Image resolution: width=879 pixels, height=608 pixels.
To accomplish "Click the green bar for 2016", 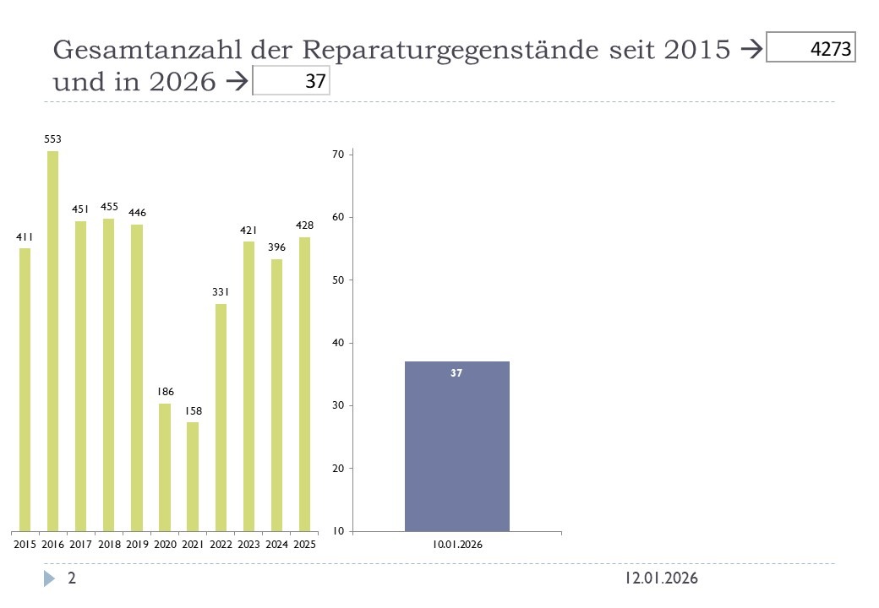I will pos(53,341).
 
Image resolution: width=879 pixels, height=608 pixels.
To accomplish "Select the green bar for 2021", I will pos(193,476).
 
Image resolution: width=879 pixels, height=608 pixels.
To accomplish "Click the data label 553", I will pos(53,138).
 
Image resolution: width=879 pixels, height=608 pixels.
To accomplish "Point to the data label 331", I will pos(221,292).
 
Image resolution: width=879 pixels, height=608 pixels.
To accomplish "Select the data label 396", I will pos(276,247).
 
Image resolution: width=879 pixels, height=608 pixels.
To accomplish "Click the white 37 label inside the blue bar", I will pos(456,372).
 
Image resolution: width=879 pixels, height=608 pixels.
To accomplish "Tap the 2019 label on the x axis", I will pos(137,545).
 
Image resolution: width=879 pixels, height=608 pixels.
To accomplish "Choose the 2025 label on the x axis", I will pos(304,545).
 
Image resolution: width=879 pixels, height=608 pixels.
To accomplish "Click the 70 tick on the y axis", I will pos(337,155).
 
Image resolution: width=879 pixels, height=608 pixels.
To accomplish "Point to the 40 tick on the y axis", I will pos(337,343).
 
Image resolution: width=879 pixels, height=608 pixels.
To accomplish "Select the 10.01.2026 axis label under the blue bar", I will pos(457,545).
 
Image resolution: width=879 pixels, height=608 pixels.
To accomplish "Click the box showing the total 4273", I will pos(811,47).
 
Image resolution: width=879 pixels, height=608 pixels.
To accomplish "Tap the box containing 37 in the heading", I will pos(292,82).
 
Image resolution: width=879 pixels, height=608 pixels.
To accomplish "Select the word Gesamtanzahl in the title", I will pos(149,51).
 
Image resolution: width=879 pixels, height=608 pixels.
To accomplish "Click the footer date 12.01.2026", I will pos(662,578).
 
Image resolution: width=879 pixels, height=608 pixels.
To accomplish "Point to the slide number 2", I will pos(72,578).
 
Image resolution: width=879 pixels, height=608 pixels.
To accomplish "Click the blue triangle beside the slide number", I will pos(50,578).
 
